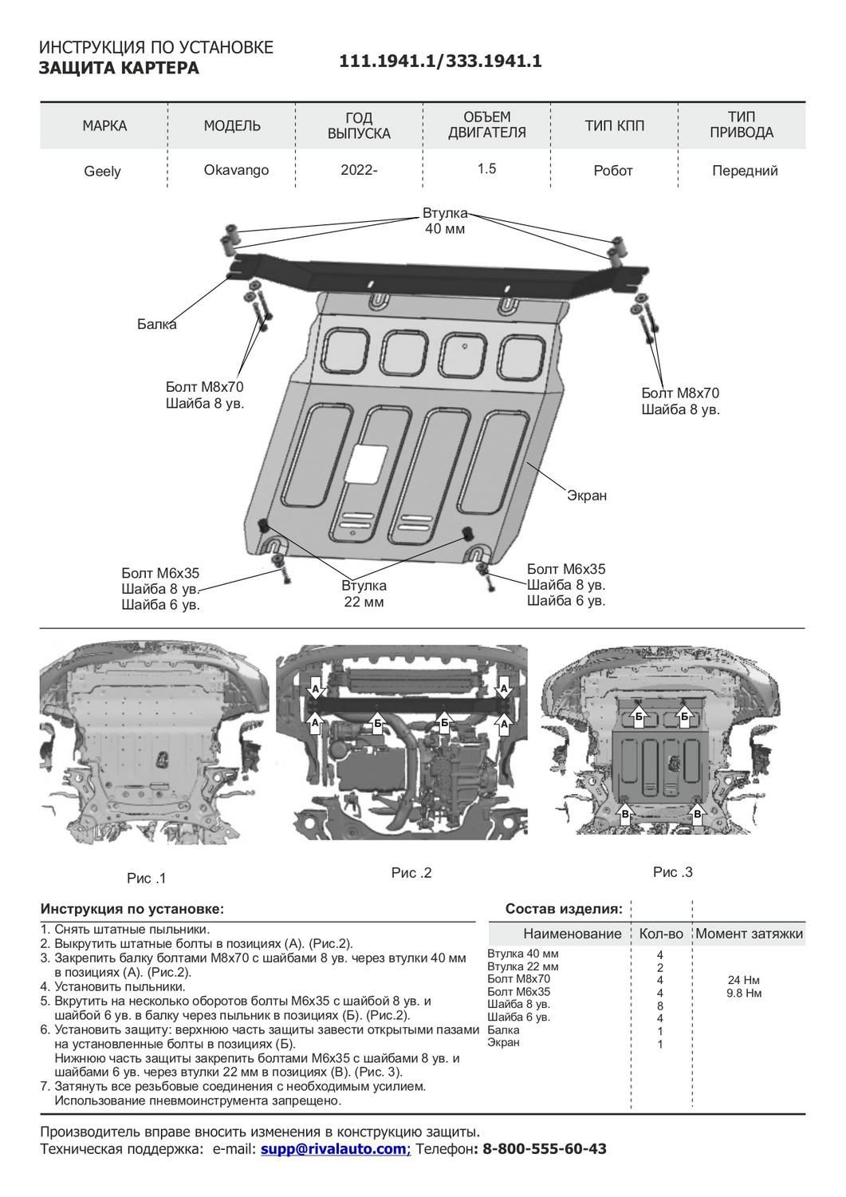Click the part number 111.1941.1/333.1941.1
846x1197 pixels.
(x=440, y=61)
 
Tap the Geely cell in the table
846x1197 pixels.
(x=103, y=171)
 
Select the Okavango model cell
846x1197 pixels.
(x=236, y=170)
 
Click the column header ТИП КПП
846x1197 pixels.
(x=614, y=125)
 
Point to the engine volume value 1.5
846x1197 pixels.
(x=486, y=168)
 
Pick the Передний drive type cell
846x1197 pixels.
(x=745, y=170)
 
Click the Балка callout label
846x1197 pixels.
(x=156, y=324)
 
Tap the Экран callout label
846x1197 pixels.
(x=587, y=496)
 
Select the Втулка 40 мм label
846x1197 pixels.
(x=445, y=221)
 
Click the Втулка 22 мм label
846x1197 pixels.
(x=364, y=594)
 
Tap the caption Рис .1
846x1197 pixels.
(x=147, y=879)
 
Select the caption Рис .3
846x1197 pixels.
(x=673, y=872)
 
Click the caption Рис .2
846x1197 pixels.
(x=411, y=873)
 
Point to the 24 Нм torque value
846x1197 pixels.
(x=744, y=980)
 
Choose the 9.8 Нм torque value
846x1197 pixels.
(x=744, y=994)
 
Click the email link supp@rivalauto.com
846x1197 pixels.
(x=334, y=1149)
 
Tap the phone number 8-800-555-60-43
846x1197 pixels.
(x=545, y=1149)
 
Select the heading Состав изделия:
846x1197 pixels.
(x=565, y=909)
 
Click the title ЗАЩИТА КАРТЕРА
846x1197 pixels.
(x=119, y=69)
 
